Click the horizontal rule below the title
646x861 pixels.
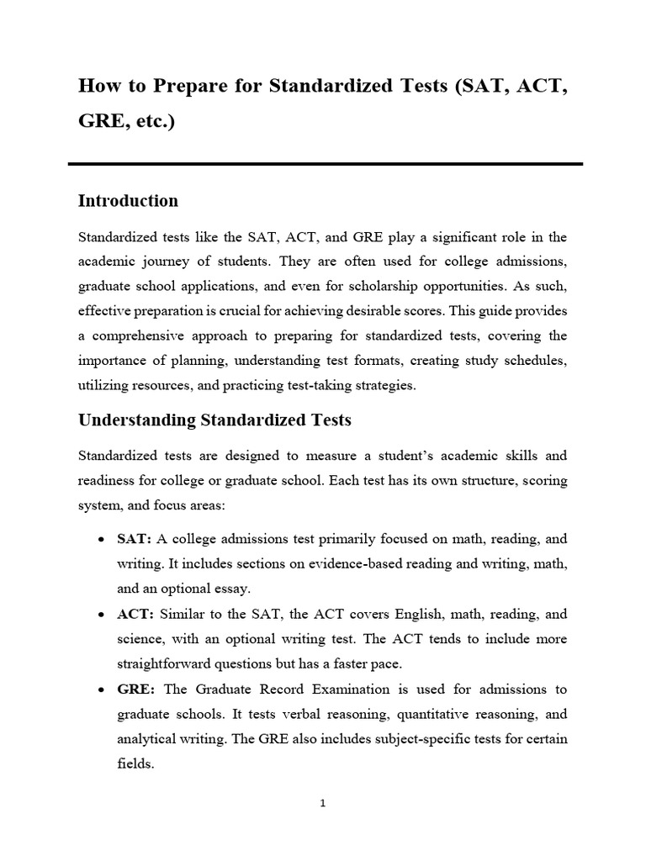pos(325,164)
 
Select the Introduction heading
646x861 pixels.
pos(128,201)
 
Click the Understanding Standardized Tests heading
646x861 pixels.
pos(214,420)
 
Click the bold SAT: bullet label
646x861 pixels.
pos(135,539)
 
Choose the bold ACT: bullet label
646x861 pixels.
pos(135,615)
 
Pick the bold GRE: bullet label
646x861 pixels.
pos(136,689)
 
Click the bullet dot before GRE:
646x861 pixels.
pos(101,690)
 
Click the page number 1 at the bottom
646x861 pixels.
pos(323,803)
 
